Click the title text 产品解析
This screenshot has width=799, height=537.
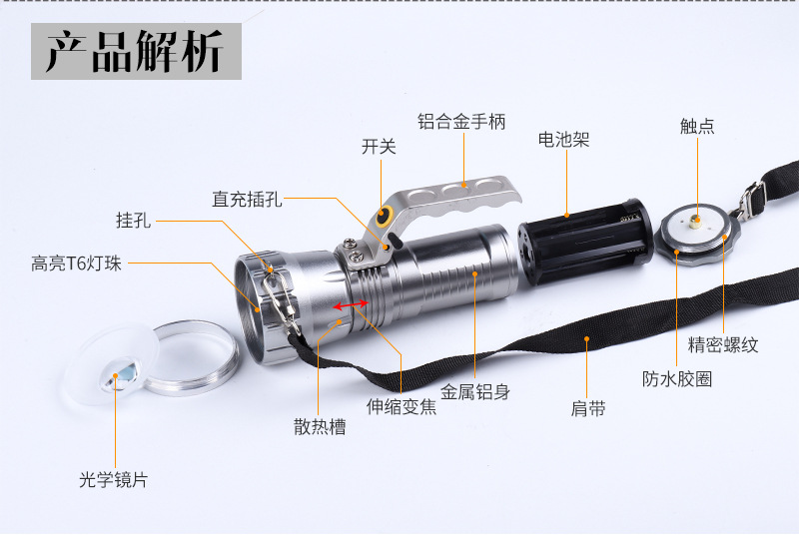click(x=136, y=51)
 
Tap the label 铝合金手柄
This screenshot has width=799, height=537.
click(x=462, y=122)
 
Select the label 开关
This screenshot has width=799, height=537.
click(x=379, y=147)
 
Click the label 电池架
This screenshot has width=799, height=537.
click(x=563, y=140)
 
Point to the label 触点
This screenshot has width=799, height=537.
click(x=696, y=126)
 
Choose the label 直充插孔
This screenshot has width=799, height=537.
click(x=247, y=199)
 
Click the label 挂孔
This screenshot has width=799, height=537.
click(x=133, y=221)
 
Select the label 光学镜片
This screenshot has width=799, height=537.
click(x=113, y=479)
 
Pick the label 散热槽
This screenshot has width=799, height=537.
click(x=320, y=426)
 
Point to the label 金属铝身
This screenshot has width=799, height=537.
click(x=475, y=392)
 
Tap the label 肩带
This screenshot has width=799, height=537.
click(x=587, y=408)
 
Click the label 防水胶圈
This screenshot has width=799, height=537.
click(x=676, y=379)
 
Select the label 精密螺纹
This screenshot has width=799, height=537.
click(x=723, y=345)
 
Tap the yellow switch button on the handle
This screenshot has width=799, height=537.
click(x=384, y=216)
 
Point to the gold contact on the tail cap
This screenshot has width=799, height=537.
click(x=695, y=215)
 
